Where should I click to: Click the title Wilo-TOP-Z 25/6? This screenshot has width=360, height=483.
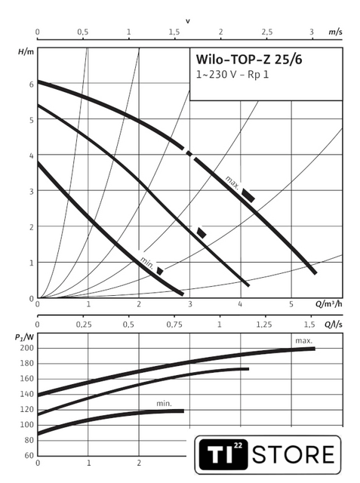point(249,59)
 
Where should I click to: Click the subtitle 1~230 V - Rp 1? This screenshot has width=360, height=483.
point(232,75)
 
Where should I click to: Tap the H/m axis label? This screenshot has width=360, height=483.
point(26,51)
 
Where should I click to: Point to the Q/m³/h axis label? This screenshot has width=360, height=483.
point(328,304)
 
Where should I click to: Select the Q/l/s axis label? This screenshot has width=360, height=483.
point(334,325)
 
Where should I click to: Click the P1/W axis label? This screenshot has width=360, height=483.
point(24,337)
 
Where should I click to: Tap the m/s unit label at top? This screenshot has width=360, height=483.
point(335,32)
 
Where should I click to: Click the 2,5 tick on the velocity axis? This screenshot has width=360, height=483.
point(267,32)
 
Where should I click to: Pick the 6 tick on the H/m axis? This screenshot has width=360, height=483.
point(32,85)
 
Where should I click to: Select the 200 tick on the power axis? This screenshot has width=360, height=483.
point(26,348)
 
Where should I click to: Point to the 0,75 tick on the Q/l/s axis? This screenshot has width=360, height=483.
point(174,325)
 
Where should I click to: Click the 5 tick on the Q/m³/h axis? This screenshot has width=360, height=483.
point(291,304)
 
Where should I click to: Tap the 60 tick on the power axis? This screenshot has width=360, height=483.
point(29,455)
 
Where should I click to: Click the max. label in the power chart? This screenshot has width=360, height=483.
point(304,341)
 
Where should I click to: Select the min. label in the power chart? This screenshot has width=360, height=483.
point(164,404)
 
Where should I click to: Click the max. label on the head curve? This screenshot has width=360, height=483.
point(232,183)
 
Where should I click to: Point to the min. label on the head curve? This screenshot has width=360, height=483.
point(147,263)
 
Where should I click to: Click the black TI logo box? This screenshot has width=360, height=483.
point(223,454)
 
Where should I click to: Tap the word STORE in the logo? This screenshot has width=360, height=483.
point(293,454)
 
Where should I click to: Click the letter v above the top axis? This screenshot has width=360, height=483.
point(188,21)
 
